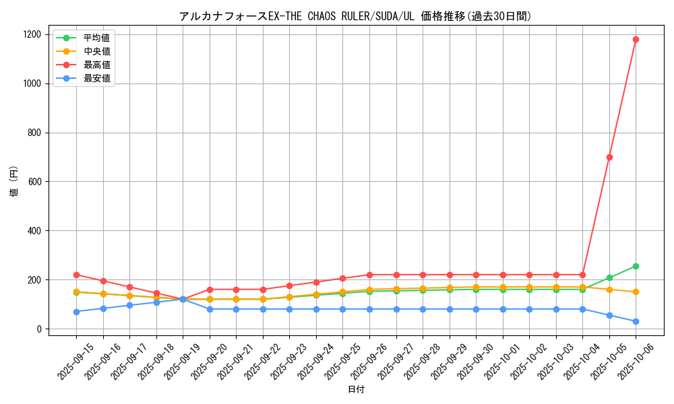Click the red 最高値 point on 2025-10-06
[x=636, y=39]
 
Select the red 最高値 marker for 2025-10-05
[x=609, y=157]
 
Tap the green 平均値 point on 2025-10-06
[x=636, y=266]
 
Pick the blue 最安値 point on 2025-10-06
[x=636, y=321]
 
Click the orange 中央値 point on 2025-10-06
[x=636, y=292]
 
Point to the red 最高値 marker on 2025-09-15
[x=76, y=275]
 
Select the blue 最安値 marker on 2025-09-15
[x=76, y=312]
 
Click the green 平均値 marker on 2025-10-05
[x=609, y=277]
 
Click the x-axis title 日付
[x=356, y=390]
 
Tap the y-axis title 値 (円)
[x=14, y=182]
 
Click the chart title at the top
[x=355, y=16]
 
